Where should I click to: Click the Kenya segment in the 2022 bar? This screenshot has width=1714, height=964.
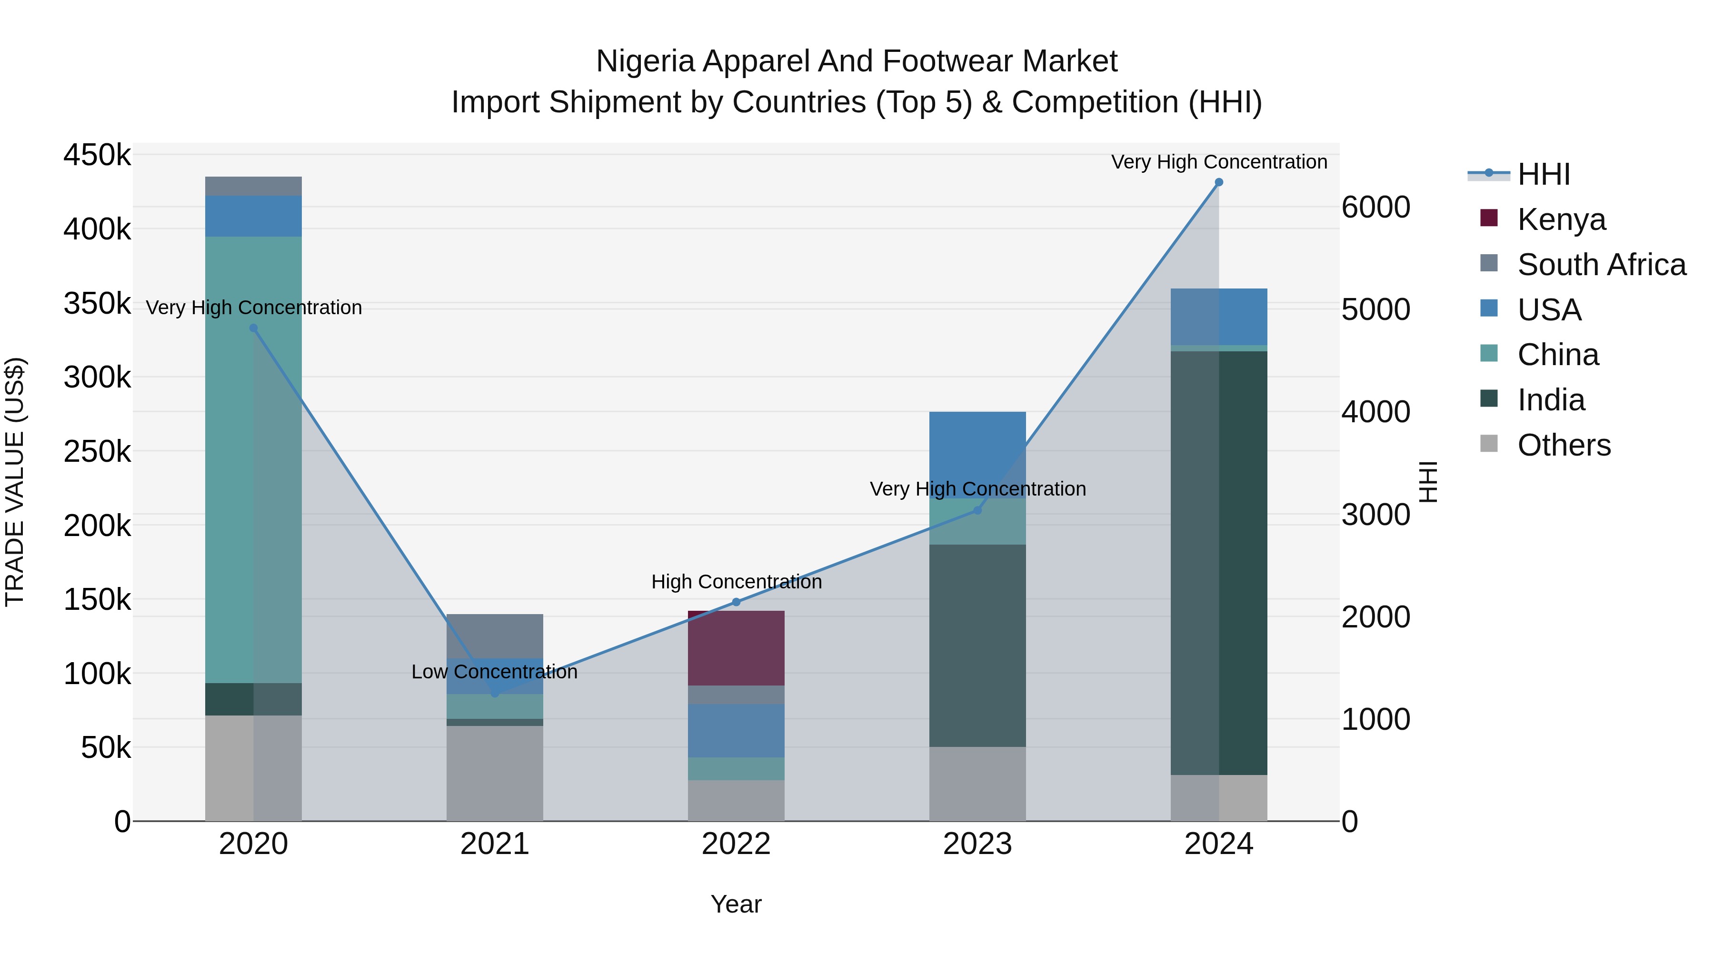pyautogui.click(x=736, y=648)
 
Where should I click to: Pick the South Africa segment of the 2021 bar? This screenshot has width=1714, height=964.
pyautogui.click(x=494, y=636)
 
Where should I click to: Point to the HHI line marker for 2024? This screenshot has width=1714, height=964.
pyautogui.click(x=1219, y=182)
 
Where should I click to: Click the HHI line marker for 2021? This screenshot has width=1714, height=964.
pyautogui.click(x=494, y=693)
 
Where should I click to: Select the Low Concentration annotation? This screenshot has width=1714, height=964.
pyautogui.click(x=494, y=672)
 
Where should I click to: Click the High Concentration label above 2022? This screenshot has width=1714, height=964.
pyautogui.click(x=736, y=582)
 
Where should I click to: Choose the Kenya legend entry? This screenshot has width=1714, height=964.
pyautogui.click(x=1561, y=219)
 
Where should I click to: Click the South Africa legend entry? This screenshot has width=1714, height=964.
pyautogui.click(x=1601, y=265)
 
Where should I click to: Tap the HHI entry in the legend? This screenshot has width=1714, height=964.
pyautogui.click(x=1544, y=174)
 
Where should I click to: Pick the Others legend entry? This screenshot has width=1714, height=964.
pyautogui.click(x=1564, y=445)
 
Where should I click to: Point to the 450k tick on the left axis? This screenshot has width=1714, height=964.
pyautogui.click(x=97, y=156)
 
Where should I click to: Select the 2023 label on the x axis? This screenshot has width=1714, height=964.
pyautogui.click(x=977, y=844)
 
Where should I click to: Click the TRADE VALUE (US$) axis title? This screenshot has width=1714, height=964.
pyautogui.click(x=15, y=482)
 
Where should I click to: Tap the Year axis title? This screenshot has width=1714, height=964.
pyautogui.click(x=736, y=904)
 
